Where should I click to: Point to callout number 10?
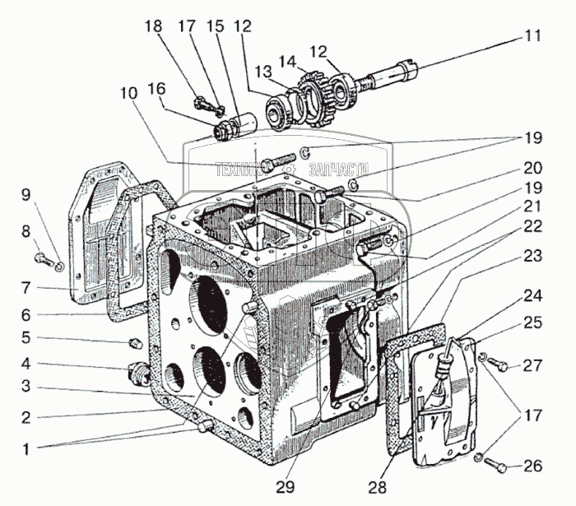pos(129,94)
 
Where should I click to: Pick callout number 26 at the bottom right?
pos(532,467)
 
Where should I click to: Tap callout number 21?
pos(532,207)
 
